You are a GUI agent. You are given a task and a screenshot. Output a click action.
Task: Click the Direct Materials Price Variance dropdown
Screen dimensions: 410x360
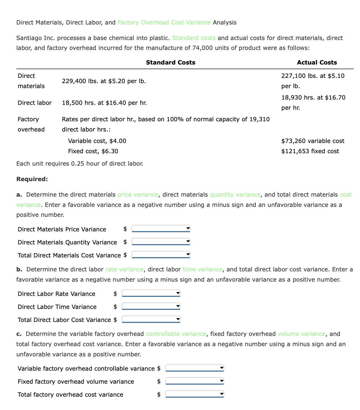coord(161,229)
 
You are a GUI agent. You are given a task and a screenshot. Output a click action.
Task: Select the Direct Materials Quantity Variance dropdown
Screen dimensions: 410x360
coord(161,242)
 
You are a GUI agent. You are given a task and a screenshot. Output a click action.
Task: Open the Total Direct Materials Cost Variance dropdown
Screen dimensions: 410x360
coord(161,255)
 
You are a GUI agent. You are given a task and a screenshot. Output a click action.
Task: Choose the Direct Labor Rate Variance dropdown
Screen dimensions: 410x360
coord(151,293)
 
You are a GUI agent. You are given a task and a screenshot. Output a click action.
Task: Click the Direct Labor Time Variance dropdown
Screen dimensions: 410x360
coord(151,306)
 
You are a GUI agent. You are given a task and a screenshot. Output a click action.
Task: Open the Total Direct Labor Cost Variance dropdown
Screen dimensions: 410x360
coord(151,319)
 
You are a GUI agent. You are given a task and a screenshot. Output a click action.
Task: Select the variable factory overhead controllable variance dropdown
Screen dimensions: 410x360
coord(195,368)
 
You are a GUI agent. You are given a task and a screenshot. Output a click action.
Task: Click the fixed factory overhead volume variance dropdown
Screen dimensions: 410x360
coord(195,381)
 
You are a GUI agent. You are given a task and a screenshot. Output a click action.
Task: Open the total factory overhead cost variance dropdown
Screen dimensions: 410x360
coord(195,394)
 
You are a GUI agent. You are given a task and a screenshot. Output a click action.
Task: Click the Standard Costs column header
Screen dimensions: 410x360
coord(170,62)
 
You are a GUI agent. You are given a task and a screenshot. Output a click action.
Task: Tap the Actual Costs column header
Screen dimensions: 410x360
coord(317,62)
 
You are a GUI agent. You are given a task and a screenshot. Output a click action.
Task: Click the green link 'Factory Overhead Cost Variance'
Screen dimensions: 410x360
coord(164,22)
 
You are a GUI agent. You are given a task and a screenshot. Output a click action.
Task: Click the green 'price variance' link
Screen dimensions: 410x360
coord(138,194)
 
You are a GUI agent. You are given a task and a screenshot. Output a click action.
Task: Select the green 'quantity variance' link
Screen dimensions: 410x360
coord(235,194)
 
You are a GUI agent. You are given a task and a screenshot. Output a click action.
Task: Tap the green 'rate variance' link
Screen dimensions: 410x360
coord(124,269)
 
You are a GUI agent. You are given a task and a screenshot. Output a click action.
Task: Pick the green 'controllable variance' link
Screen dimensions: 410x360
coord(176,334)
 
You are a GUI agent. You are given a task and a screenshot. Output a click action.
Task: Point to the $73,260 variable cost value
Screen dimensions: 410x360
coord(313,141)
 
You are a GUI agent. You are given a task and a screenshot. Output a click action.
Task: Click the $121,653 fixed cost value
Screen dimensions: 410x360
coord(310,151)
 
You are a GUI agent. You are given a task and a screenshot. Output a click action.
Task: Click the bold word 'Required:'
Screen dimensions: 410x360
coord(32,179)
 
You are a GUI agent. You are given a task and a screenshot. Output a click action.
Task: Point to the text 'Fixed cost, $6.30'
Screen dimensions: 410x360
coord(93,151)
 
